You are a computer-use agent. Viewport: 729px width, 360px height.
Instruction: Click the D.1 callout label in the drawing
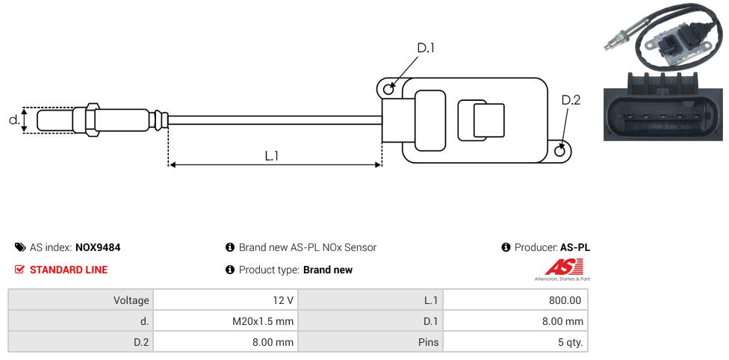coord(426,49)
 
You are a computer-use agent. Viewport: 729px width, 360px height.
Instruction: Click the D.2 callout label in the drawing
coord(570,101)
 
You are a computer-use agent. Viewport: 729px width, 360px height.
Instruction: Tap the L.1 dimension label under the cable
coord(272,156)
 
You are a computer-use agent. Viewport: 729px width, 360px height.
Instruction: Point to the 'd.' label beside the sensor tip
coord(13,120)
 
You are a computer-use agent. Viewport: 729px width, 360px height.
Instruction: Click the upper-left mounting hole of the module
coord(388,90)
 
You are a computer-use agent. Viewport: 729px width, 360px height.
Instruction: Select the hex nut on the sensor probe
coord(93,120)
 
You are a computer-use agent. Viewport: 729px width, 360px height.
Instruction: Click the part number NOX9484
coord(98,247)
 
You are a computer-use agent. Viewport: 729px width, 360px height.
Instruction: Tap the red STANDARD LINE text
coord(69,270)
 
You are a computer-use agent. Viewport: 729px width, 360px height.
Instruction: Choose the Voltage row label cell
coord(81,300)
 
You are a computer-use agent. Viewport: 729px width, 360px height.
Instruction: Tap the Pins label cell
coord(370,342)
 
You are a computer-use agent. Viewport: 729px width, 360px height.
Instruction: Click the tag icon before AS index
coord(20,247)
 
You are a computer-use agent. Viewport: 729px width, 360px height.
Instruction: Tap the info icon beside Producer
coord(506,247)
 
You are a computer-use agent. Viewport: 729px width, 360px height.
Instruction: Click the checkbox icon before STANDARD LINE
coord(20,270)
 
